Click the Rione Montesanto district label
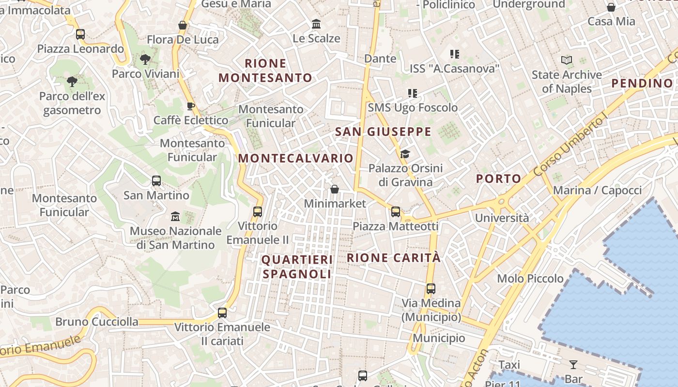(x=265, y=71)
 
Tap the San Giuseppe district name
(x=383, y=132)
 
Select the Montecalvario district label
(x=295, y=158)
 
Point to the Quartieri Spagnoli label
(x=297, y=267)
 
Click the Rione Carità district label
(x=394, y=258)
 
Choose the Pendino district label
(x=642, y=83)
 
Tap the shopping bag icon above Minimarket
(x=334, y=189)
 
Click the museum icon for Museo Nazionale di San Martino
(x=175, y=216)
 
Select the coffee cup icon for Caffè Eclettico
(x=191, y=105)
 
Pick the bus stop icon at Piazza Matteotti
(x=396, y=211)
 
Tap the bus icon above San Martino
(x=156, y=181)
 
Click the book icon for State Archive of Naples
(x=567, y=60)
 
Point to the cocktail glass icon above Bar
(x=573, y=364)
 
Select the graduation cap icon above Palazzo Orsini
(x=405, y=154)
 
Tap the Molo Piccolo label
(x=530, y=279)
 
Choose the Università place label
(x=502, y=218)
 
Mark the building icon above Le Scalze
(x=316, y=24)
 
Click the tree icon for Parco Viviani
(x=145, y=60)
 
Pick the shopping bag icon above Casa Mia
(x=611, y=7)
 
